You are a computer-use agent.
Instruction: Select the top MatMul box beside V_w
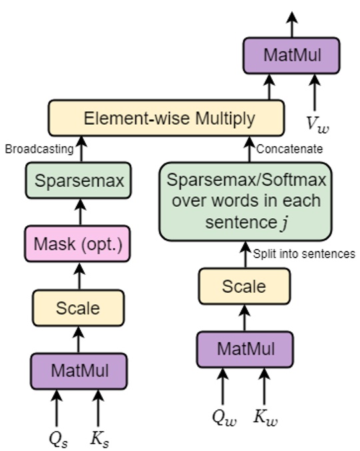coord(291,55)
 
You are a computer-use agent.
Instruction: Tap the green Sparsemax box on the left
coord(78,181)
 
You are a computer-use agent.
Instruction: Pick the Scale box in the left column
coord(78,308)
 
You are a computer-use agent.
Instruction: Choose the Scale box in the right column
coord(243,286)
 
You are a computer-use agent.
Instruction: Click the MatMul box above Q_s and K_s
coord(78,370)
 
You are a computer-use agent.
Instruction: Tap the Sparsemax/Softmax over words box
coord(243,200)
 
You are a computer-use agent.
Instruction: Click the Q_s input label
coord(57,438)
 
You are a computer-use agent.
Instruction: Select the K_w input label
coord(265,417)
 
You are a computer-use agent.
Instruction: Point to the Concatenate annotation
coord(291,149)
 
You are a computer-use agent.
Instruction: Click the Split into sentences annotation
coord(304,254)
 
